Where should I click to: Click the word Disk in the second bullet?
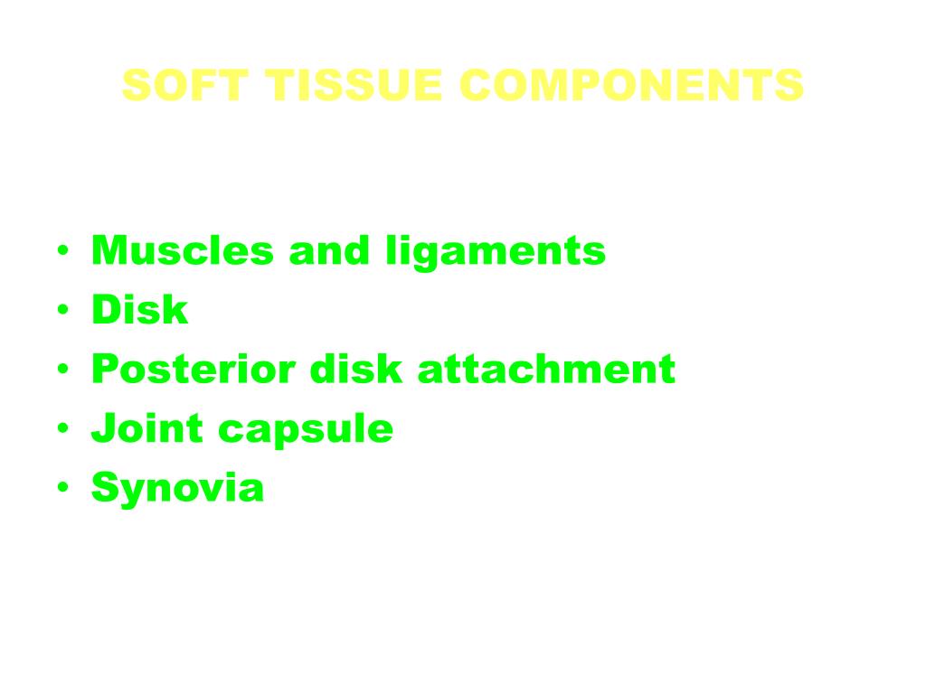[139, 310]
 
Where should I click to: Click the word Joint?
[147, 428]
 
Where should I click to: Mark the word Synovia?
[177, 489]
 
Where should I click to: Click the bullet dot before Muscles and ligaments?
[62, 251]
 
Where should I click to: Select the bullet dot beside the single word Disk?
[62, 311]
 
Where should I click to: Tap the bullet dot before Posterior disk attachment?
[62, 370]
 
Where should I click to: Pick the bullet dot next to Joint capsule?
[62, 429]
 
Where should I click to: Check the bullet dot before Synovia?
[62, 489]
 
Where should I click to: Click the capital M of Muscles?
[108, 250]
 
